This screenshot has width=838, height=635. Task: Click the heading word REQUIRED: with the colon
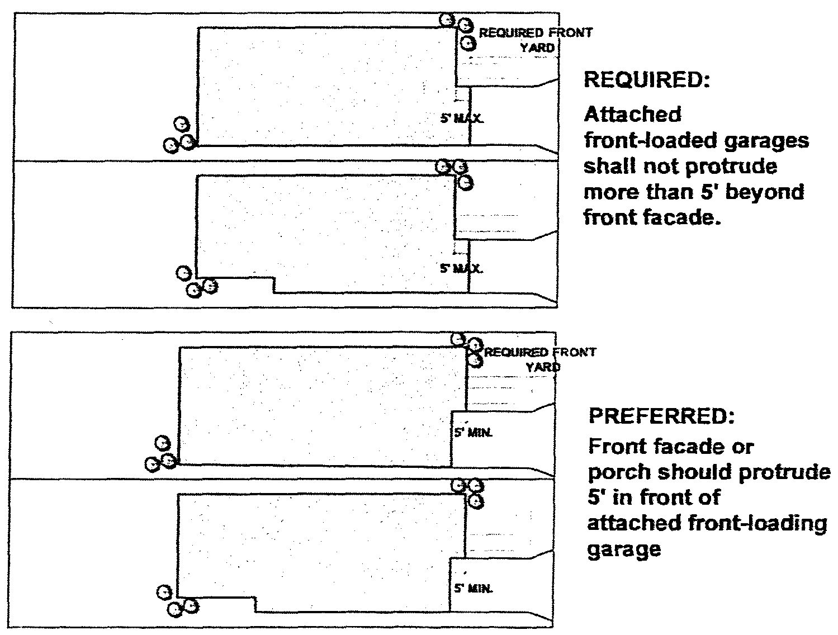646,80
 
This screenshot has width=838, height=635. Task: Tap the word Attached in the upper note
632,115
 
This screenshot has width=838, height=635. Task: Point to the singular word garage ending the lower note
624,550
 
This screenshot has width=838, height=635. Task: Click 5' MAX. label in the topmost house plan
462,119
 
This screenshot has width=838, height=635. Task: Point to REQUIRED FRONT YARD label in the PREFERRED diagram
539,359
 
